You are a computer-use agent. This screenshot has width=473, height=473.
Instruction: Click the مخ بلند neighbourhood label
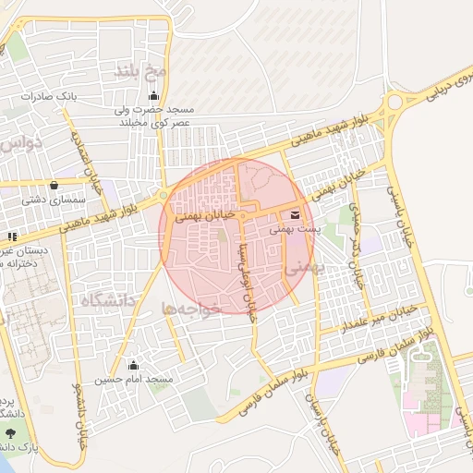[140, 71]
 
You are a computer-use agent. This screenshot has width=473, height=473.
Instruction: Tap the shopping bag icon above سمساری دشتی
[55, 184]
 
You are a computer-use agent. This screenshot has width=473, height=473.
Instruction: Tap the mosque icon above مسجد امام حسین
[135, 365]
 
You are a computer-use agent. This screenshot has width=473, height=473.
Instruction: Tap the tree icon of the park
[10, 433]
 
